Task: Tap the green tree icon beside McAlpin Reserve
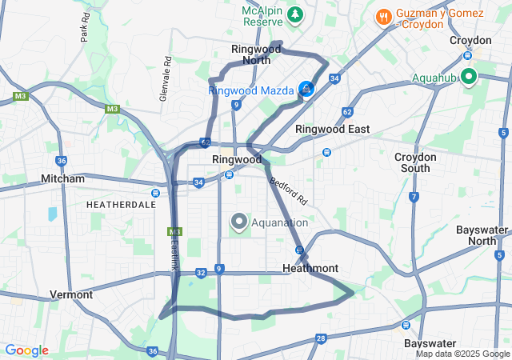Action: [x=295, y=14]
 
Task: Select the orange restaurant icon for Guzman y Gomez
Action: [x=384, y=15]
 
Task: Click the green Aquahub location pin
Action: [x=467, y=77]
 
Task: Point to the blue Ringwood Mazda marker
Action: [x=306, y=89]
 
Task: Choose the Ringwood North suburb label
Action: [x=256, y=54]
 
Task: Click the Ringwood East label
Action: [x=332, y=129]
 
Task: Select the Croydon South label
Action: [x=416, y=162]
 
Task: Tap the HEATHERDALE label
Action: [x=121, y=205]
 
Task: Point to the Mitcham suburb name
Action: [x=62, y=178]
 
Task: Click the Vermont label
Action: [x=71, y=294]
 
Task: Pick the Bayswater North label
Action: [x=482, y=235]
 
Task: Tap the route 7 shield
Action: [x=414, y=196]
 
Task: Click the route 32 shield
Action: [x=201, y=273]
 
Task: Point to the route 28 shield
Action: [x=320, y=339]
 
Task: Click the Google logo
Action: [x=26, y=350]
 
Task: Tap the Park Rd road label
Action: [x=86, y=31]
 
